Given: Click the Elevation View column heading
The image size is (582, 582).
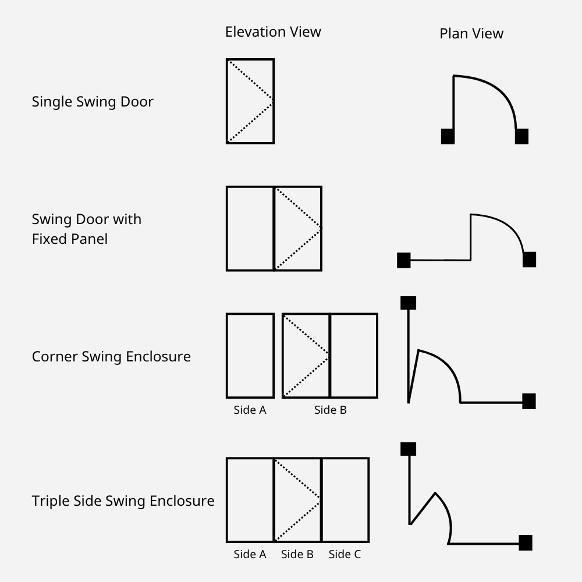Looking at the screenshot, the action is pos(273,32).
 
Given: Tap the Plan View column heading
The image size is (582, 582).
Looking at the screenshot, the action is pos(471,33).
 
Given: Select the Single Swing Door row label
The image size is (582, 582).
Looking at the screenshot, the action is pos(93,102).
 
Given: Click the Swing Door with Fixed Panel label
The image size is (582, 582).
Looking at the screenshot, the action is pos(87,229).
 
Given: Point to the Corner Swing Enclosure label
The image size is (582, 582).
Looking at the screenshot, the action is pos(111,356).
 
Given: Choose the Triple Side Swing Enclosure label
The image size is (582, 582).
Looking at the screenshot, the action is pos(123,501).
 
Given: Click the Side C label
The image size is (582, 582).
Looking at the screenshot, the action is pos(345,554).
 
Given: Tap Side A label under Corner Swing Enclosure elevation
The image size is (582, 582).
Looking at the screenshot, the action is pos(250,410).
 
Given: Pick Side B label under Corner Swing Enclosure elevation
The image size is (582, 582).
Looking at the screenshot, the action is pos(331,410).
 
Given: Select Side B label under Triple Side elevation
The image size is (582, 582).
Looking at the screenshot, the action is pos(297,554).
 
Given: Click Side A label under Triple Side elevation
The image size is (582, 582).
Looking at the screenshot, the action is pos(250,554).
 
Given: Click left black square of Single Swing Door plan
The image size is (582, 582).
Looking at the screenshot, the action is pos(448,136).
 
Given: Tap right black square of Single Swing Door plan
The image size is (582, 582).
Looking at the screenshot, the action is pos(521,136).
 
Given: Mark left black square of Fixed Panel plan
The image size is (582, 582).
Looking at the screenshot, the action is pos(404,260).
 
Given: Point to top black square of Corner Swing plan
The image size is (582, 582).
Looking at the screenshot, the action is pos(409,303).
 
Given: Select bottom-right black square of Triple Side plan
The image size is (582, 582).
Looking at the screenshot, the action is pos(526,542).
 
